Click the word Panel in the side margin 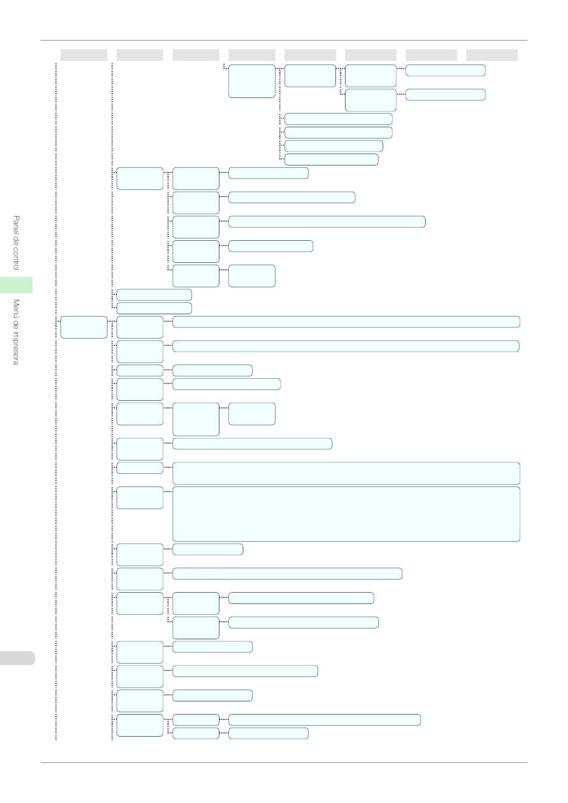[16, 225]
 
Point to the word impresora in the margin [16, 345]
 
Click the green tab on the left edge [16, 285]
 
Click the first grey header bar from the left [84, 55]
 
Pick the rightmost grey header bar [491, 55]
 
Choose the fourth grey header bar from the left [252, 55]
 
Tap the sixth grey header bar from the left [370, 55]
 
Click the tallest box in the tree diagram [346, 514]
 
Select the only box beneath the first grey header [84, 327]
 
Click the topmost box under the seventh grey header [445, 71]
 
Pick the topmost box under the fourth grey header [252, 81]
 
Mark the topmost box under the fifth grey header [310, 76]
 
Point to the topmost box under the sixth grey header [370, 76]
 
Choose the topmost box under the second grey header [140, 178]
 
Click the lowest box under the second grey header [140, 725]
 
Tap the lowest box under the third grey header [196, 733]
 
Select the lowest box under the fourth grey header [268, 733]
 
